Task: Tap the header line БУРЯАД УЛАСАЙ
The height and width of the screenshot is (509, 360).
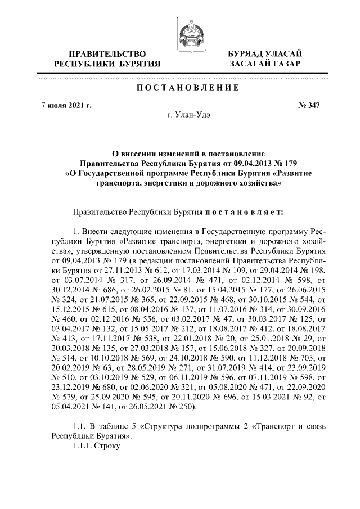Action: coord(265,53)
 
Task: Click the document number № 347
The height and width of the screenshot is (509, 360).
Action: coord(308,105)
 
